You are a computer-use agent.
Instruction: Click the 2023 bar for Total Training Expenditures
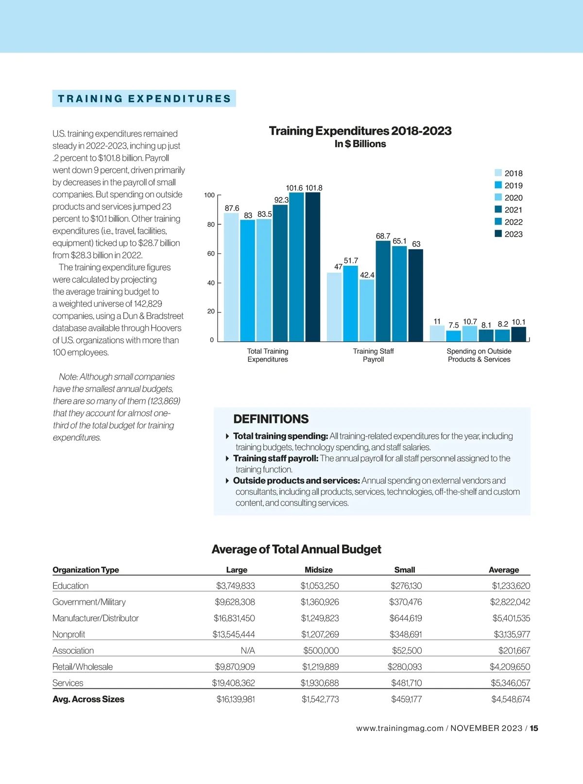click(313, 267)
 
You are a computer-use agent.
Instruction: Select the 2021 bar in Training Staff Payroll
click(383, 292)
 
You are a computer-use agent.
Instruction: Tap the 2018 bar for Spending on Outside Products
click(437, 333)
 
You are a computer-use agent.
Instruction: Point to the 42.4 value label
click(367, 275)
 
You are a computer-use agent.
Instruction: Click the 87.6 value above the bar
click(232, 208)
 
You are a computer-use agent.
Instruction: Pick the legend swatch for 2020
click(498, 197)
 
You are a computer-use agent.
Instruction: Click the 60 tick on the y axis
click(211, 254)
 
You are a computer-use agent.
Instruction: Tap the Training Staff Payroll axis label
click(373, 355)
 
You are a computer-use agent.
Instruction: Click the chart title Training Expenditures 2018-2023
click(360, 131)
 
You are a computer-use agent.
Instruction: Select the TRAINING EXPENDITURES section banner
click(144, 99)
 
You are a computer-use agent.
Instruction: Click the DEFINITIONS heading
click(271, 419)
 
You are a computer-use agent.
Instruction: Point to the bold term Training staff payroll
click(275, 458)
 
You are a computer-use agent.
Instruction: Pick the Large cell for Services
click(233, 683)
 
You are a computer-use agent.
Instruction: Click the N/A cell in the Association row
click(248, 650)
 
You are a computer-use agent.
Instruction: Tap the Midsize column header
click(319, 570)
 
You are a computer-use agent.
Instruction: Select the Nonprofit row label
click(69, 634)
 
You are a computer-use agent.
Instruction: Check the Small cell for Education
click(406, 586)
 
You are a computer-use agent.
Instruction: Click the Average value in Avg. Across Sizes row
click(511, 699)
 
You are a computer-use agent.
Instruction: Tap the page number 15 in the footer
click(534, 728)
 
